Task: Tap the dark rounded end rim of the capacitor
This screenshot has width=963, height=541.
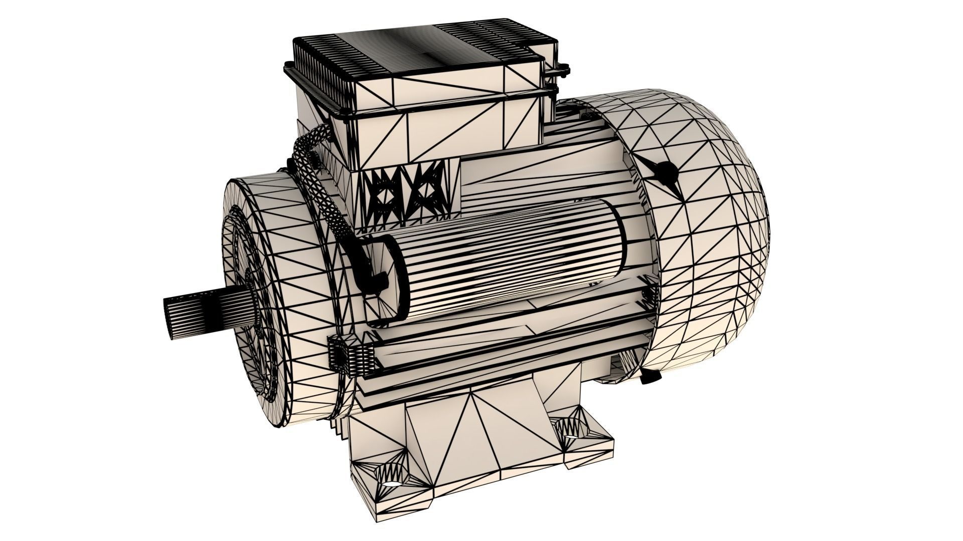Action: pos(396,281)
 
